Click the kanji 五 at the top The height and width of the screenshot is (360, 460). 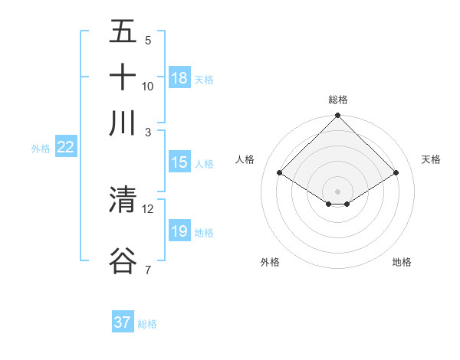[123, 31]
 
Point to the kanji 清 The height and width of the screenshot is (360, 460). [123, 200]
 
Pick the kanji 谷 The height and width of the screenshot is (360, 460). [123, 260]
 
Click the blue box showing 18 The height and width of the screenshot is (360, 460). [179, 78]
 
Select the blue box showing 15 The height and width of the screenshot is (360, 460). [179, 162]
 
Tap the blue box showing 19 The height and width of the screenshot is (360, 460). [179, 231]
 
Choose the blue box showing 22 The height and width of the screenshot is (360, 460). [65, 147]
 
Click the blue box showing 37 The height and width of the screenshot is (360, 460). [122, 322]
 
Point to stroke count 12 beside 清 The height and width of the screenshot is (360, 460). [148, 208]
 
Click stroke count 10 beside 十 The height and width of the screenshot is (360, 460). [148, 86]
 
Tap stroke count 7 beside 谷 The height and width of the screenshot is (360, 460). [148, 269]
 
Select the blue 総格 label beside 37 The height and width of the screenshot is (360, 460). [147, 324]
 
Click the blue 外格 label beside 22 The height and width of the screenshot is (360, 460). [40, 149]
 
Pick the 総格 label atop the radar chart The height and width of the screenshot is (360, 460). [338, 100]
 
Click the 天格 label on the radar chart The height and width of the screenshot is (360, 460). [432, 159]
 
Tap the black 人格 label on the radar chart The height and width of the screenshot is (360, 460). [245, 159]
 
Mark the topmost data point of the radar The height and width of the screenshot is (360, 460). [338, 116]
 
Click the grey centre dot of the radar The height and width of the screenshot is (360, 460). [338, 191]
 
